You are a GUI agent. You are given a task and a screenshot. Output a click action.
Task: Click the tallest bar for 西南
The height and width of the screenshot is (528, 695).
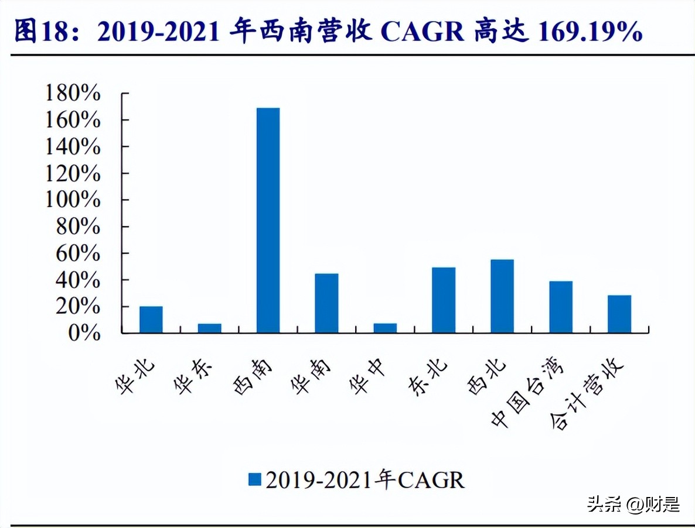[268, 220]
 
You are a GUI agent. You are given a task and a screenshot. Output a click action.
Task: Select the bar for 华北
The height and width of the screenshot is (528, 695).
[151, 320]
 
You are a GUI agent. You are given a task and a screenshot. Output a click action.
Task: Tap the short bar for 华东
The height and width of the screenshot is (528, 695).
[209, 328]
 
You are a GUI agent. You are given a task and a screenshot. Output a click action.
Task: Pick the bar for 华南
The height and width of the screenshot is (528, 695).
[326, 303]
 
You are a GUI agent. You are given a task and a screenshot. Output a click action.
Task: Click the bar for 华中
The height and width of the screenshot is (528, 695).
[385, 328]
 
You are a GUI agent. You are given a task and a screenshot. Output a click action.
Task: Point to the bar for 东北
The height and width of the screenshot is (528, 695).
[444, 300]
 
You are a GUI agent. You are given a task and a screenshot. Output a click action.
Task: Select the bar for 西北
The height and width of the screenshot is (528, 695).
[502, 296]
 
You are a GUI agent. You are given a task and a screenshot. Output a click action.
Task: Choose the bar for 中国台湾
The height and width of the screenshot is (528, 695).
[561, 307]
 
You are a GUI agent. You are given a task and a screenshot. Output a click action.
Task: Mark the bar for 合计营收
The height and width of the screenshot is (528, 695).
[619, 314]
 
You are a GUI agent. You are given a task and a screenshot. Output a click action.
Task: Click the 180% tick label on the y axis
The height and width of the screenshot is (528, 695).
[73, 94]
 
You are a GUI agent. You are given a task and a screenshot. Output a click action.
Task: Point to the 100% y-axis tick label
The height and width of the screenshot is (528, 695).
[73, 200]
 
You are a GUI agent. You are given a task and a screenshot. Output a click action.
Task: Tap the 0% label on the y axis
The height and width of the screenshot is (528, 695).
[84, 333]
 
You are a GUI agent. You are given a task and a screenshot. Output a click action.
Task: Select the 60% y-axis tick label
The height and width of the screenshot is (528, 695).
[79, 253]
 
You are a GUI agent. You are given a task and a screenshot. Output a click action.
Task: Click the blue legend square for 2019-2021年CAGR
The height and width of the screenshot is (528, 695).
[254, 479]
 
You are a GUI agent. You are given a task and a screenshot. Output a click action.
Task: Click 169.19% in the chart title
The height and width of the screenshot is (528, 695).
[590, 32]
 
